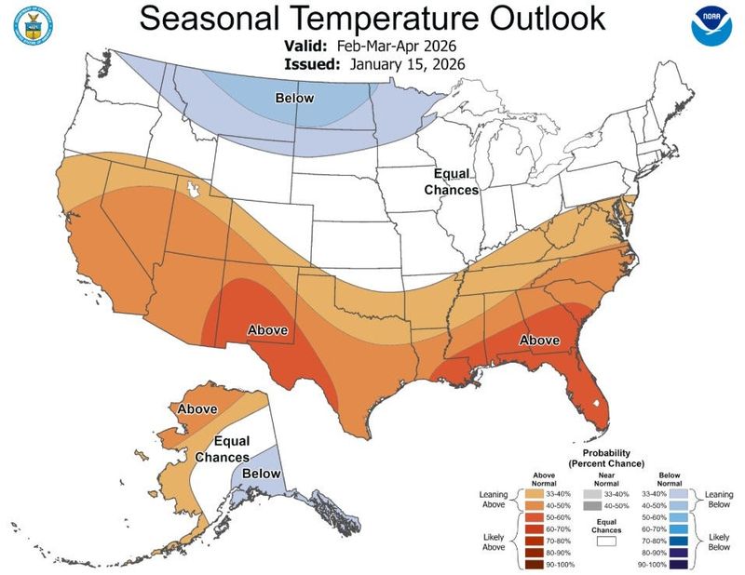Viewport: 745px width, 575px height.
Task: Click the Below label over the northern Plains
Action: [293, 99]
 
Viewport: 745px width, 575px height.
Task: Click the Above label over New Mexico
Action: [267, 329]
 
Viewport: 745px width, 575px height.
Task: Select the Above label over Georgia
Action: [540, 341]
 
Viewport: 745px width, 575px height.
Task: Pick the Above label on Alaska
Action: [196, 408]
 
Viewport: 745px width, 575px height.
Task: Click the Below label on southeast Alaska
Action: [262, 475]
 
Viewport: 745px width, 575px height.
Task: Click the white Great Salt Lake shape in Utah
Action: [195, 190]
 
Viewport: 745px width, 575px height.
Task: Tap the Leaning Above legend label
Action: [492, 500]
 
